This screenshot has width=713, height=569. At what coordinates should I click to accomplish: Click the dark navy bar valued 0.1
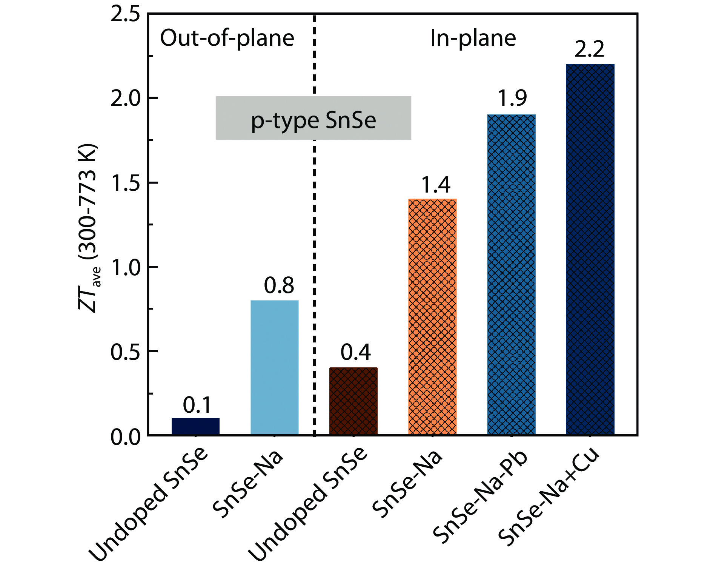pos(195,426)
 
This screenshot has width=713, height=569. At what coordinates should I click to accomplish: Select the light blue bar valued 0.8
pos(274,367)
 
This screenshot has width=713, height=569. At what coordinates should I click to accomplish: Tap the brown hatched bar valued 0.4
pos(353,401)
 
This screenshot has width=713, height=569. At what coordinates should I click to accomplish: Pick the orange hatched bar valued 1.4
pos(432,316)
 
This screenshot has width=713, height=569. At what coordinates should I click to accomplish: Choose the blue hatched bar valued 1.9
pos(511,274)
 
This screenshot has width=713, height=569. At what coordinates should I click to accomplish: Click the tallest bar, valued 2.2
pos(590,249)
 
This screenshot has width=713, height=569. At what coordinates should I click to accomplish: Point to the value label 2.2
pos(589,49)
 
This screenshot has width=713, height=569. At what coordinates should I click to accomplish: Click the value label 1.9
pos(512,98)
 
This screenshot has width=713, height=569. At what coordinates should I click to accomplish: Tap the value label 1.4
pos(435,185)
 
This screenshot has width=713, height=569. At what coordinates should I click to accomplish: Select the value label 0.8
pos(279,285)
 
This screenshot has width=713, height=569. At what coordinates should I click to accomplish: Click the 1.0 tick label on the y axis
pos(125,267)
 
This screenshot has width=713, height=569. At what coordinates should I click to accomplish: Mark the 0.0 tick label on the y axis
pos(125,437)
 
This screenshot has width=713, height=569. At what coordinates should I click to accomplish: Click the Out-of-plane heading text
pos(227,38)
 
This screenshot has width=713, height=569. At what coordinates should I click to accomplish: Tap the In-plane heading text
pos(473,38)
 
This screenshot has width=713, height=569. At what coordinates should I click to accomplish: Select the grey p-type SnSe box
pos(313,118)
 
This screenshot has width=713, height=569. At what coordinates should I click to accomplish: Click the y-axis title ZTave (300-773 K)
pos(89,228)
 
